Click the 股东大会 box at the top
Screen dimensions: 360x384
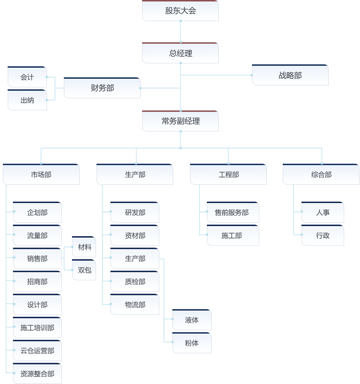pyautogui.click(x=180, y=11)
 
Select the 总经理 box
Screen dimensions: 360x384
pyautogui.click(x=180, y=53)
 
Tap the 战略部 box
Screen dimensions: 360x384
pyautogui.click(x=290, y=75)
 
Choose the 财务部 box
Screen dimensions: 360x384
pyautogui.click(x=102, y=88)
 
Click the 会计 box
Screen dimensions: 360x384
pyautogui.click(x=27, y=77)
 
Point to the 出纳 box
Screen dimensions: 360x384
pyautogui.click(x=27, y=100)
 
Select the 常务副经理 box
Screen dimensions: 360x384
pyautogui.click(x=180, y=121)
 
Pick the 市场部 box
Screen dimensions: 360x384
pyautogui.click(x=41, y=174)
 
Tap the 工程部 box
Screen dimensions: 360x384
pyautogui.click(x=228, y=174)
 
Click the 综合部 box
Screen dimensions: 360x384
pyautogui.click(x=321, y=174)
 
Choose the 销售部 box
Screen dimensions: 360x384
pyautogui.click(x=37, y=258)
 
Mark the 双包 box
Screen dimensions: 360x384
pyautogui.click(x=84, y=270)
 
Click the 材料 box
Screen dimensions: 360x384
pyautogui.click(x=84, y=247)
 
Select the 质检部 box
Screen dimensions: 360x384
pyautogui.click(x=135, y=281)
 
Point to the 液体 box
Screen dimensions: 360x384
pyautogui.click(x=192, y=320)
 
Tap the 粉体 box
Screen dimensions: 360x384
pyautogui.click(x=192, y=343)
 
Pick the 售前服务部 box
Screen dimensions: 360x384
pyautogui.click(x=233, y=212)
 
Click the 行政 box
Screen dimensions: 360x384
pyautogui.click(x=323, y=235)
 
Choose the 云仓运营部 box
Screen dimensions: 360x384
pyautogui.click(x=37, y=350)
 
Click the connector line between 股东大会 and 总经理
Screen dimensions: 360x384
pyautogui.click(x=181, y=32)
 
